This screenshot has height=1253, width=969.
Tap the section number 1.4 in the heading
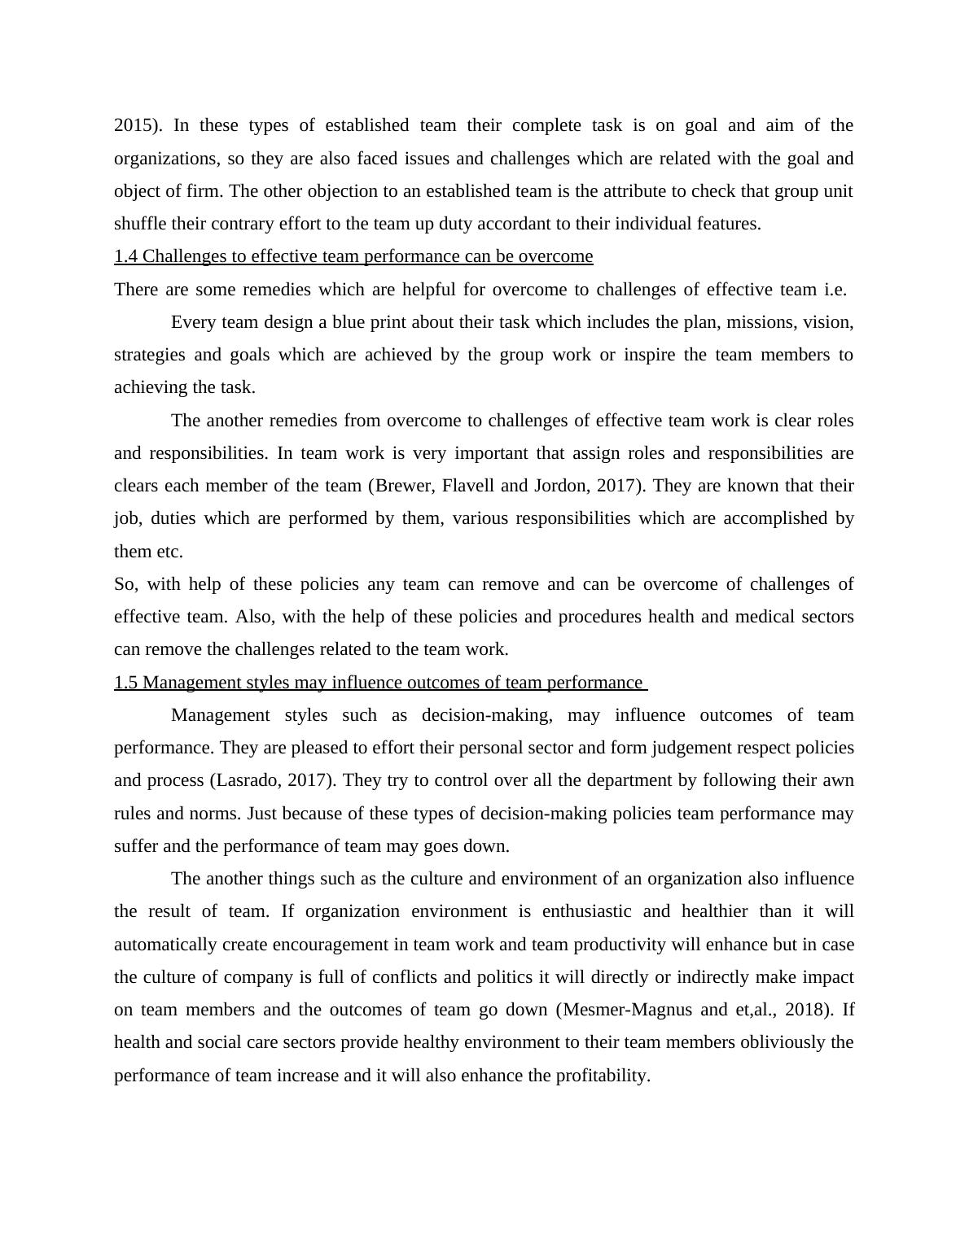tap(125, 256)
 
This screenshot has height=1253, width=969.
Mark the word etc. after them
tap(170, 552)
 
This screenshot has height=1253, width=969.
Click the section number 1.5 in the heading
tap(125, 683)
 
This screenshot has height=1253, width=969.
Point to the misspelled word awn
tap(839, 780)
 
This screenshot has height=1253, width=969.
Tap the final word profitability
tap(602, 1076)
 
